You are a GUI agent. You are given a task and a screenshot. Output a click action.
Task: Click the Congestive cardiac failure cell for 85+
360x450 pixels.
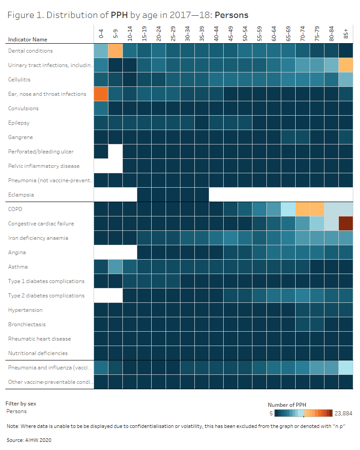tap(346, 224)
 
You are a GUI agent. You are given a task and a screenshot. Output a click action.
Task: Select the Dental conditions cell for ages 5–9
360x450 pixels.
tap(115, 51)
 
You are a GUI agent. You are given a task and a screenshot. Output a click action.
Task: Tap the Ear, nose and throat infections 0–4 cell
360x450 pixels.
tap(101, 94)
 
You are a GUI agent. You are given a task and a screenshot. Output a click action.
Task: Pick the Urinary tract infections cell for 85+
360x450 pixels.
tap(346, 65)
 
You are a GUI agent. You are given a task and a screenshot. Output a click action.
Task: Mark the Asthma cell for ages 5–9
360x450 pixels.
tap(115, 267)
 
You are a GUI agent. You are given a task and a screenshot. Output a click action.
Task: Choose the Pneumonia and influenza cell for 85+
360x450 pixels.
tap(346, 368)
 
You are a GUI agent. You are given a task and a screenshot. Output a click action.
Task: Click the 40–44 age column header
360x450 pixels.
tap(216, 34)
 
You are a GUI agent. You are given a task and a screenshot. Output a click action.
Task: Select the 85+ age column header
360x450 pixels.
tap(346, 34)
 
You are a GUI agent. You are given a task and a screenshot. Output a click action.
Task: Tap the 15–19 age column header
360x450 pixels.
tap(144, 34)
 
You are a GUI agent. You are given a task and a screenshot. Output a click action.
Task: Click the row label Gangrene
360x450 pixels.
tap(20, 137)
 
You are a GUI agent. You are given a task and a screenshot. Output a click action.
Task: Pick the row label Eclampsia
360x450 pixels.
tap(21, 195)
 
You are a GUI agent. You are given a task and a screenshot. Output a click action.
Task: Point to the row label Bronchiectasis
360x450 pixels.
tap(27, 324)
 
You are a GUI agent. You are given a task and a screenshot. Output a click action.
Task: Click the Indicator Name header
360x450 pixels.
tap(27, 40)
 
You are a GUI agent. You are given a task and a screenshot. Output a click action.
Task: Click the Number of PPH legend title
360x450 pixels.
tap(287, 404)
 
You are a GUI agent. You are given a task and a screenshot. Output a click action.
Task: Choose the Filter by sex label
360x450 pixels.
tap(21, 404)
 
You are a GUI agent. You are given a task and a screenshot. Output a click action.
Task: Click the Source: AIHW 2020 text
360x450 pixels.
tap(29, 440)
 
